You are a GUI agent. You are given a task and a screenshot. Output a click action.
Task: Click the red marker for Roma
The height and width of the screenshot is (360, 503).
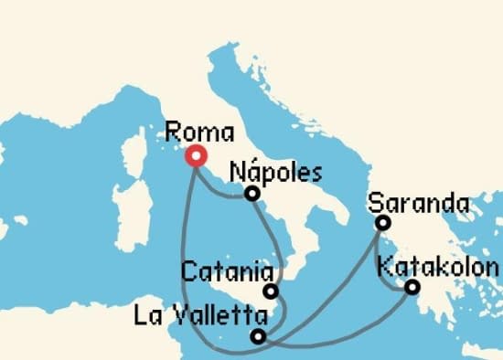(x=195, y=156)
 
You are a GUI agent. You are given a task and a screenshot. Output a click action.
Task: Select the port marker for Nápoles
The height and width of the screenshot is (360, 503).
(x=251, y=194)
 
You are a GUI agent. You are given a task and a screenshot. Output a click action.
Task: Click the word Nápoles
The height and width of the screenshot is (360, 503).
(x=275, y=172)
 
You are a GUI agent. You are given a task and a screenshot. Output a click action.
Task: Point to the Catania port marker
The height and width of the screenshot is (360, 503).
(x=271, y=291)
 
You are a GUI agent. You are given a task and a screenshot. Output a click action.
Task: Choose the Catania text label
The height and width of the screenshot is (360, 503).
(x=228, y=271)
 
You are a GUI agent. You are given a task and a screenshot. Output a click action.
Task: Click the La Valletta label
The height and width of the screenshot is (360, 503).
(x=200, y=317)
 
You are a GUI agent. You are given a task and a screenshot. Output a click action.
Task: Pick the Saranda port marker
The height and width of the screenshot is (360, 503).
(x=383, y=223)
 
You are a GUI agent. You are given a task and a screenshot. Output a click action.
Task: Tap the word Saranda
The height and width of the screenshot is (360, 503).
(x=418, y=202)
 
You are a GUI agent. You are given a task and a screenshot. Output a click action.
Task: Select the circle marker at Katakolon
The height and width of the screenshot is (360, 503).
(x=412, y=288)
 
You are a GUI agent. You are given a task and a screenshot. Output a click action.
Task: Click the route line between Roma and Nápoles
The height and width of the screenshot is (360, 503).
(x=219, y=187)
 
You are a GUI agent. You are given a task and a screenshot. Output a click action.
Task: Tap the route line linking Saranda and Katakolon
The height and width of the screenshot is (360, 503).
(x=389, y=265)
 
